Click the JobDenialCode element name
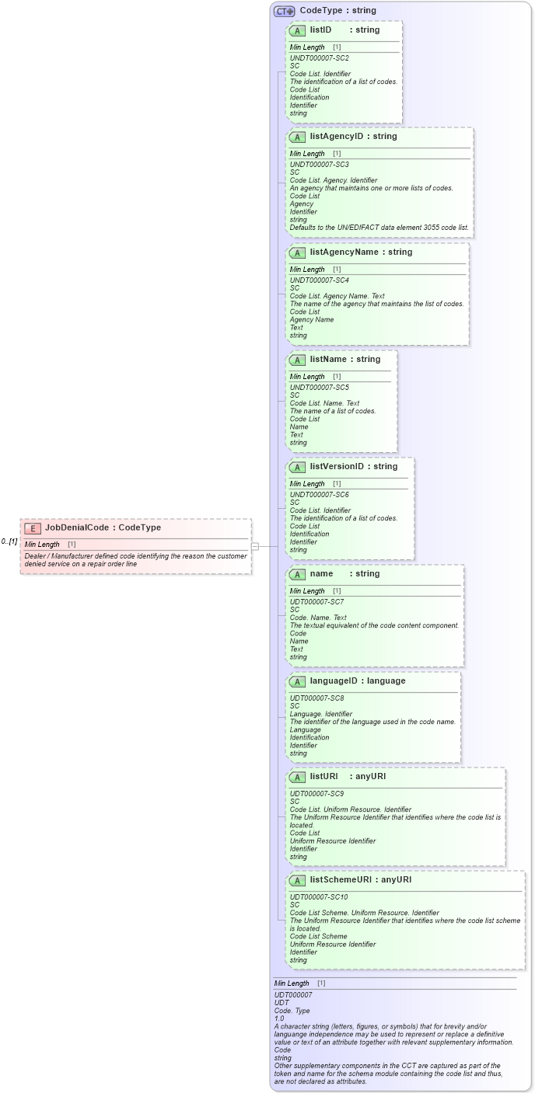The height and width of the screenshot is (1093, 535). point(77,527)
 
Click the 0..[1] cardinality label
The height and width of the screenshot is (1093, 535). point(9,541)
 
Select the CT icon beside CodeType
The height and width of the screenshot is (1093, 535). point(284,11)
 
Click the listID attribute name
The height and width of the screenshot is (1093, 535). point(320,30)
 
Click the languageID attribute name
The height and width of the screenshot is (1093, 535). point(335,681)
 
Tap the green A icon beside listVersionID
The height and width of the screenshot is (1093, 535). point(297,467)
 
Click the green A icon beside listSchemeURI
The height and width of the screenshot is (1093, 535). point(297,880)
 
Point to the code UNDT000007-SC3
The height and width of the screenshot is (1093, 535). point(319,165)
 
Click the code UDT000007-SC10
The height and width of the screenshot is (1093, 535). point(319,897)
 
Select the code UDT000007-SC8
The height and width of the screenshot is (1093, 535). point(317,698)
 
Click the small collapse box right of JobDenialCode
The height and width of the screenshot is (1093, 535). point(255,546)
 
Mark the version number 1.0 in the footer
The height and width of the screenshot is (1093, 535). point(279,1018)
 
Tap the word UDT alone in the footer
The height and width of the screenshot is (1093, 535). point(281,1002)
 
